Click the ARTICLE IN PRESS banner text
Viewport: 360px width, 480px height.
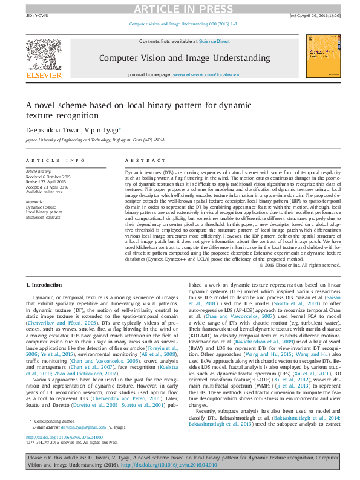pos(180,8)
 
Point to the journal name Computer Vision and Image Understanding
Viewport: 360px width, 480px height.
pos(184,58)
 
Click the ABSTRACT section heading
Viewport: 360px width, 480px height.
pos(141,160)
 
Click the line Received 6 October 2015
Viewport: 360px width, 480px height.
pos(48,177)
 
